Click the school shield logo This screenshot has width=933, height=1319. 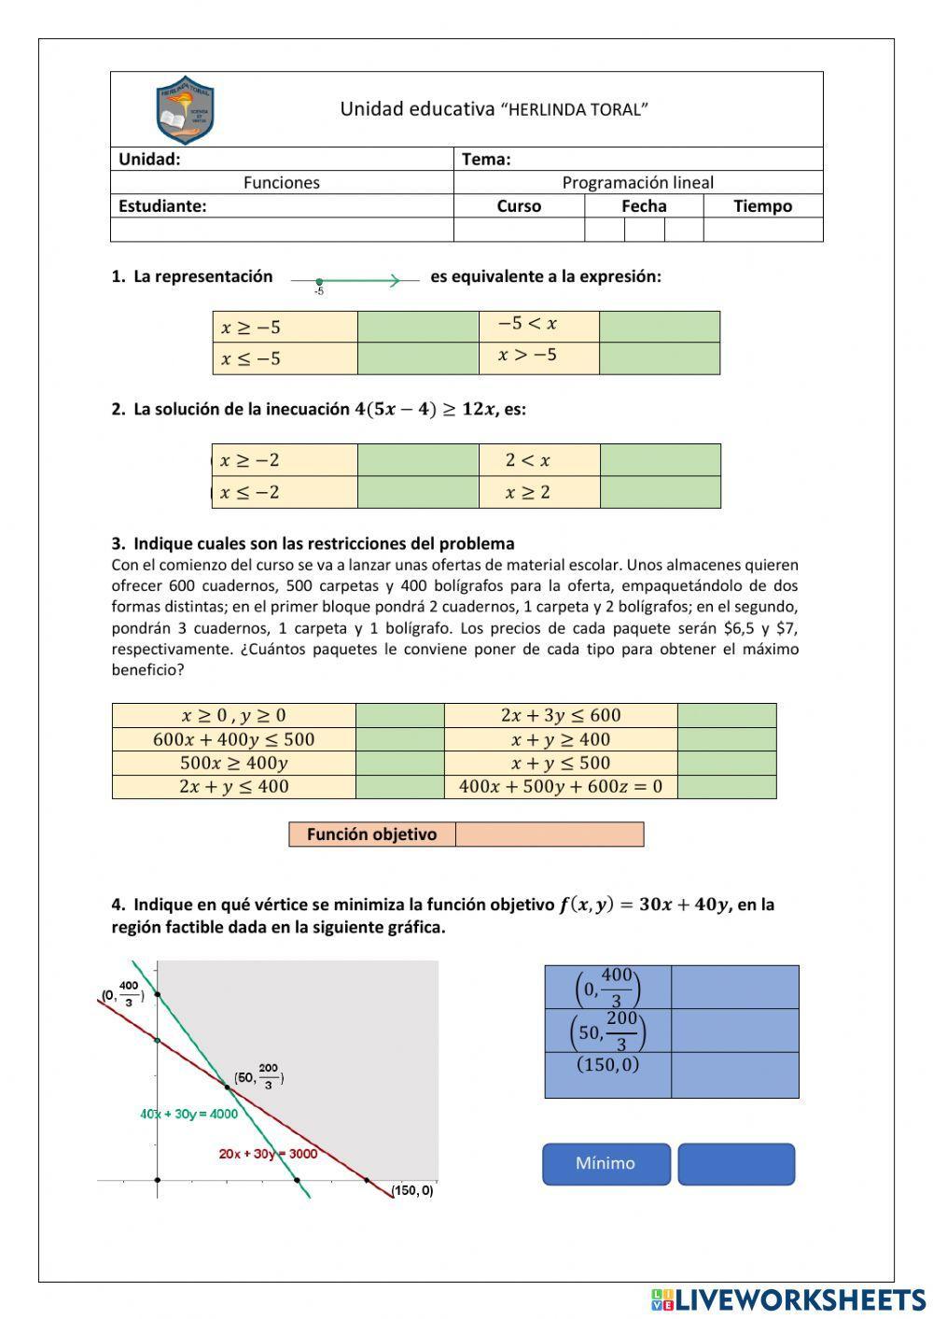point(186,109)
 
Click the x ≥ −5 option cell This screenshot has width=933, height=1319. point(285,327)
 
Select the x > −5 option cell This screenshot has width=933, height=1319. point(538,356)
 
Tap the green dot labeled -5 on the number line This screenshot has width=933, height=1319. point(319,282)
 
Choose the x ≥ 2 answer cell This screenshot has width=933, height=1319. point(538,493)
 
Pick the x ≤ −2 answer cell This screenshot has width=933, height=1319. point(285,493)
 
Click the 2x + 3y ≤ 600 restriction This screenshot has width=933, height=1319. point(560,715)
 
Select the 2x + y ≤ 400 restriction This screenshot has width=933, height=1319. point(233,786)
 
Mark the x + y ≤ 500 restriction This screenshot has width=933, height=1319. point(560,763)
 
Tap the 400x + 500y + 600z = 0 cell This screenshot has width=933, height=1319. point(560,786)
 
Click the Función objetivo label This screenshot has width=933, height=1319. point(371,835)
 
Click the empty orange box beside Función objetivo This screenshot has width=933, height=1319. point(550,835)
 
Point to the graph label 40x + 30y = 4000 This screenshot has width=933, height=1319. point(188,1114)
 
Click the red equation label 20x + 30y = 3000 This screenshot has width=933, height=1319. point(268,1154)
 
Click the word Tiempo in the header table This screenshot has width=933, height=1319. point(762,206)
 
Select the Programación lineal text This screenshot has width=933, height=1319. point(637,183)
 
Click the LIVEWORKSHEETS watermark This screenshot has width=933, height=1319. point(789,1298)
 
